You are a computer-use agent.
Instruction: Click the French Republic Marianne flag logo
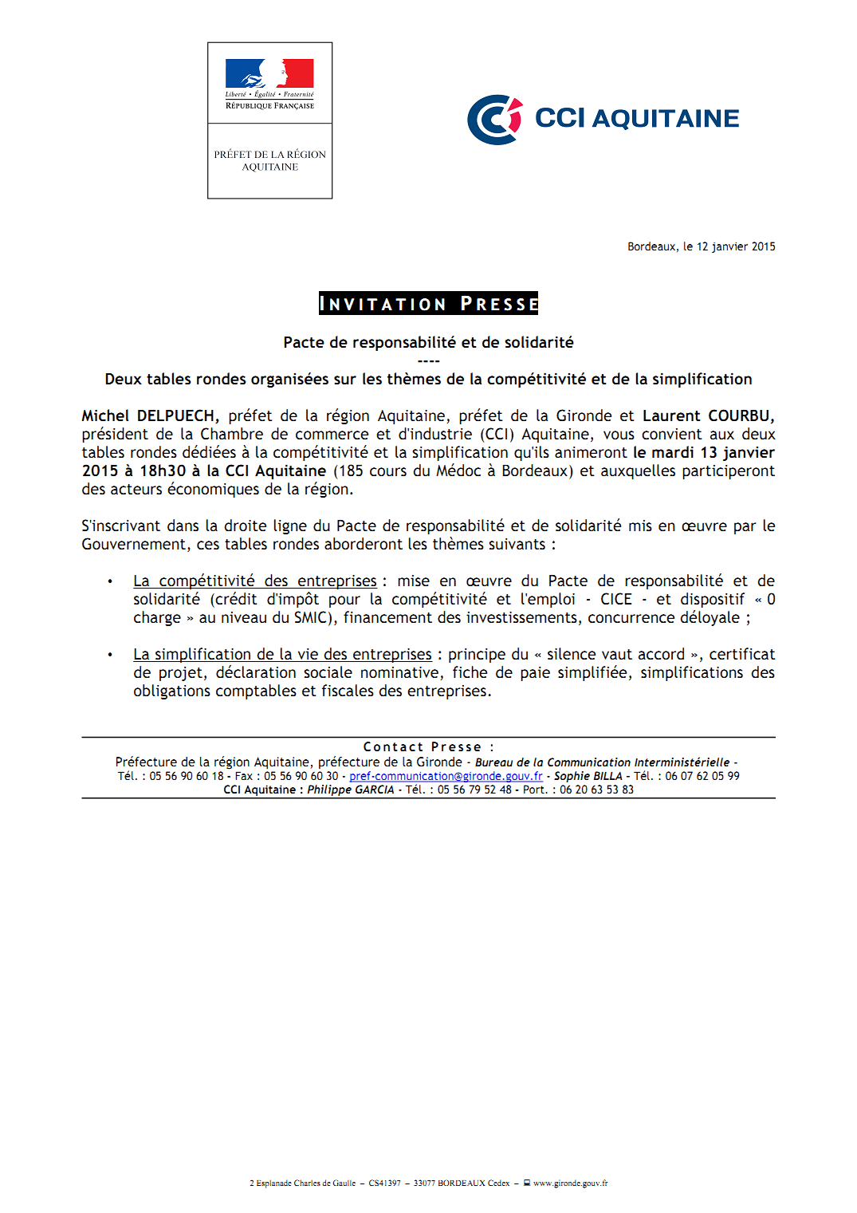pos(269,74)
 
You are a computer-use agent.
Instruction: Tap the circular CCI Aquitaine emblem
pos(494,120)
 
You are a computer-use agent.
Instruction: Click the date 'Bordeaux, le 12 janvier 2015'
pos(701,246)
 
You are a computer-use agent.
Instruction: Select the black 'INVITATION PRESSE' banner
pos(428,304)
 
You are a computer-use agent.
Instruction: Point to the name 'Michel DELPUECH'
pos(148,416)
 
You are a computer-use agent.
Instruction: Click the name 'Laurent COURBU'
pos(707,416)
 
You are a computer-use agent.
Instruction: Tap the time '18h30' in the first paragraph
pos(163,471)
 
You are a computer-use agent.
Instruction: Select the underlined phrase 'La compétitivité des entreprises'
pos(254,581)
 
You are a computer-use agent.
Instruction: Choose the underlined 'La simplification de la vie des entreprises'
pos(282,655)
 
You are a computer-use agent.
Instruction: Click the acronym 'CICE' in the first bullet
pos(615,600)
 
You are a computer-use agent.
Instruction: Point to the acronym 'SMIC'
pos(310,618)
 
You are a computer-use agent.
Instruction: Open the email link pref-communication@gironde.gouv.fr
pos(446,776)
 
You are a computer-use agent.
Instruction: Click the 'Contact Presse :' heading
pos(428,747)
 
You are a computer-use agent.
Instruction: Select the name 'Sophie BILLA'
pos(588,776)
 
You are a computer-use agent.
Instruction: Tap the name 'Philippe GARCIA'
pos(351,790)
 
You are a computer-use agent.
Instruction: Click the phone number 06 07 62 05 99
pos(702,776)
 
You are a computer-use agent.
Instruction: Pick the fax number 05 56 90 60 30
pos(301,776)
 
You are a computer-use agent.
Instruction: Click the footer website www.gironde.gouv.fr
pos(570,1183)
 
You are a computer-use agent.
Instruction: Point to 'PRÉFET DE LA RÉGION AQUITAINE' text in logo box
pos(269,160)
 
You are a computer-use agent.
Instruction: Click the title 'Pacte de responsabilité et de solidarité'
pos(428,343)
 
